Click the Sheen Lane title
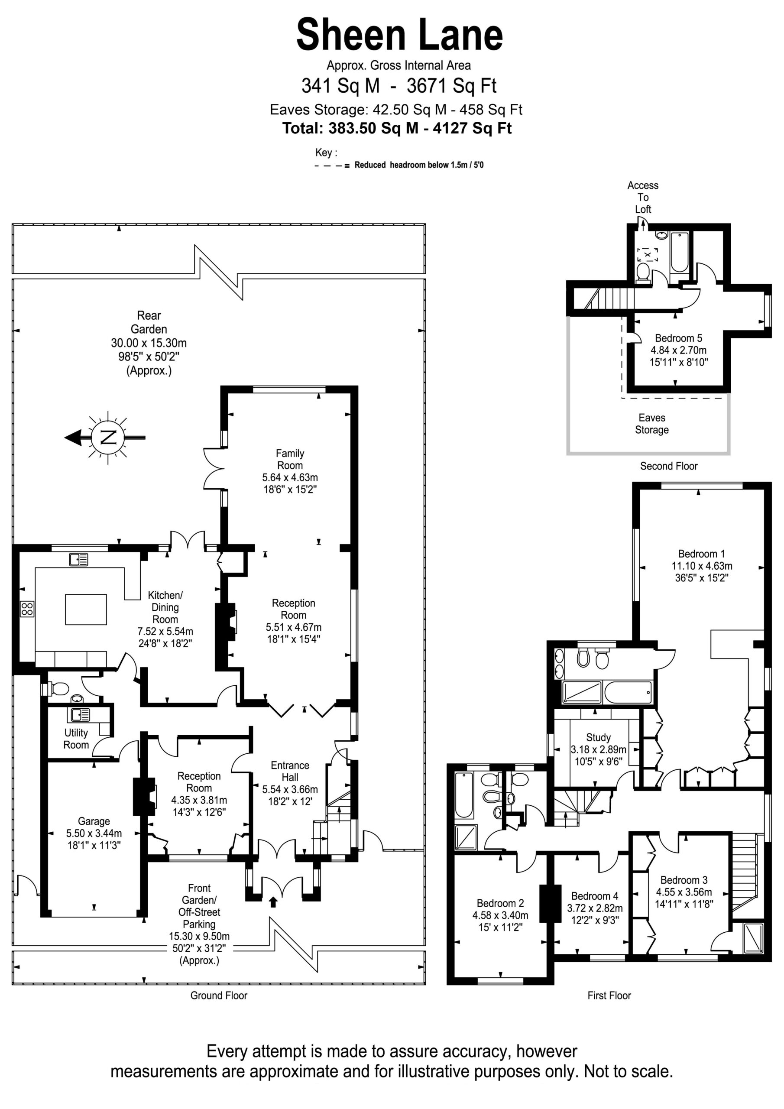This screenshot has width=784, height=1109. coord(399,35)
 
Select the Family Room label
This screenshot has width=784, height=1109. coord(290,459)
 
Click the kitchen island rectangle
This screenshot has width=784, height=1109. coord(86,610)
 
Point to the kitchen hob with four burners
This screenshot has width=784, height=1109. coord(27,609)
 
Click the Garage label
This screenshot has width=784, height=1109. coord(94,821)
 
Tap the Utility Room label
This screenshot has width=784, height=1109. coord(76,739)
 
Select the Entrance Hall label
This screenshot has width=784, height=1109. coord(290,772)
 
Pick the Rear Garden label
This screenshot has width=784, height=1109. coord(149,322)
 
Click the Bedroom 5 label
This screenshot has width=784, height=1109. coord(678,338)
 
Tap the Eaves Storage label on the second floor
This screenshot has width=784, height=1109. coord(651,424)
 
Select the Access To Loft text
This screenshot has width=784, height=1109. coord(642,197)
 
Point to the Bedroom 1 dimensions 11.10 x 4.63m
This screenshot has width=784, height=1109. coord(701,566)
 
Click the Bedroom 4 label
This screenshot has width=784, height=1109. coord(595,896)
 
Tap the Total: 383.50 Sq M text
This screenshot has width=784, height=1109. coord(350,128)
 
